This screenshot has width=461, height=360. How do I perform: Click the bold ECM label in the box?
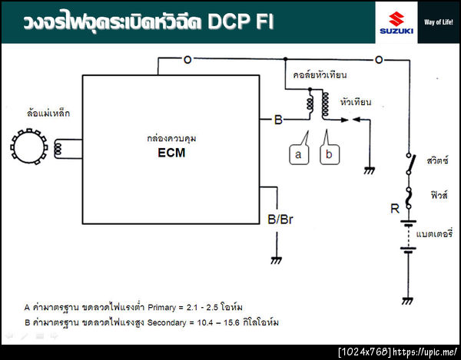[x=167, y=152]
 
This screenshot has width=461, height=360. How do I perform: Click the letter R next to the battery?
[x=394, y=208]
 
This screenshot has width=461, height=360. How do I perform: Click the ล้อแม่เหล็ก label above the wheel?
[x=48, y=114]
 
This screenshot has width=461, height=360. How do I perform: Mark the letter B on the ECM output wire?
[x=277, y=121]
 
